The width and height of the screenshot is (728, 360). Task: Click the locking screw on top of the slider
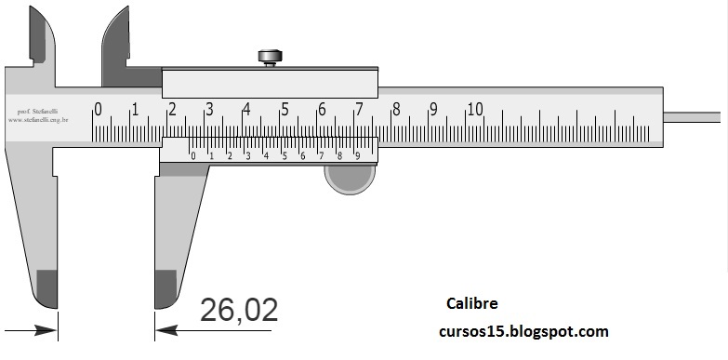coord(269,58)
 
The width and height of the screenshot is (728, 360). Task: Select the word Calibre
coord(471,304)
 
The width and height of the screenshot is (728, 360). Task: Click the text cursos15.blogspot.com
coord(523,331)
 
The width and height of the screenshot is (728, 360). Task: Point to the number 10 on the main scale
coord(474,109)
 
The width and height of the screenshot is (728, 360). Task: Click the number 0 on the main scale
coord(98,110)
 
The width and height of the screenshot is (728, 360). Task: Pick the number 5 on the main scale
coord(285,110)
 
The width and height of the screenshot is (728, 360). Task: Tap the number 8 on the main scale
coord(396,110)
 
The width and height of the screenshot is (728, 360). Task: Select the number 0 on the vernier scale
coord(192,155)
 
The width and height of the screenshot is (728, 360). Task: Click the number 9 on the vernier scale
coord(358,155)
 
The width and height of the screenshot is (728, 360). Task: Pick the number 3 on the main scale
coord(209,110)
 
